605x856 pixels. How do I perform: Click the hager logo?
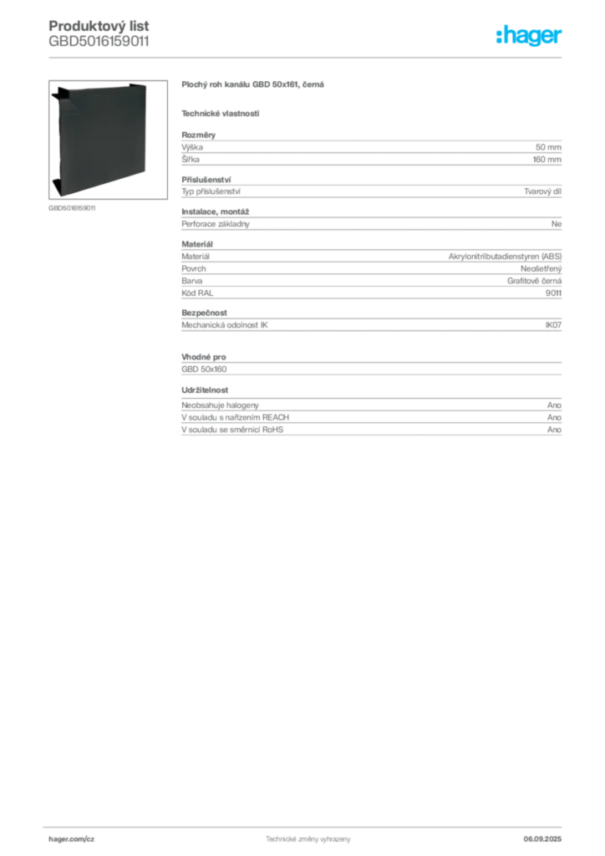[529, 35]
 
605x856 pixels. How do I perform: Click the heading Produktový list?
[99, 26]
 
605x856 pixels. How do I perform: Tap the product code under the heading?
[99, 42]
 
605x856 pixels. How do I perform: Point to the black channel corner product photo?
[108, 140]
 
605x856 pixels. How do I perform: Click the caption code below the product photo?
[72, 208]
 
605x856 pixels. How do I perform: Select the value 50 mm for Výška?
[548, 147]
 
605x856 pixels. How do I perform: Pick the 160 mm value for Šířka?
[547, 160]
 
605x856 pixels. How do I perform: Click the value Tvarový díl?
[542, 191]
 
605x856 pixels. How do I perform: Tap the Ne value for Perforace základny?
[557, 224]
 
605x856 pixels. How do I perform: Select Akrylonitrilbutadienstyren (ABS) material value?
[505, 257]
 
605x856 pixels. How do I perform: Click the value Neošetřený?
[541, 268]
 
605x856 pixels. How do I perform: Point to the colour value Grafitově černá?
[534, 281]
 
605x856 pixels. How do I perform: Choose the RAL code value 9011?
[553, 293]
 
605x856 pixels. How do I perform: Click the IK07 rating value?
[553, 325]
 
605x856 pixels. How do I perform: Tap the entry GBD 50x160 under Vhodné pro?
[204, 369]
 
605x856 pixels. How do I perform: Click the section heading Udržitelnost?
[205, 390]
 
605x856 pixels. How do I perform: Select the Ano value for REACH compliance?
[554, 418]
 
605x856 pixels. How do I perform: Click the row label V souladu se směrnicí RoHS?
[232, 430]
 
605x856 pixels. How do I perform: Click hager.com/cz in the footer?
[72, 839]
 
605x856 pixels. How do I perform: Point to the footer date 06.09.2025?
[542, 839]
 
